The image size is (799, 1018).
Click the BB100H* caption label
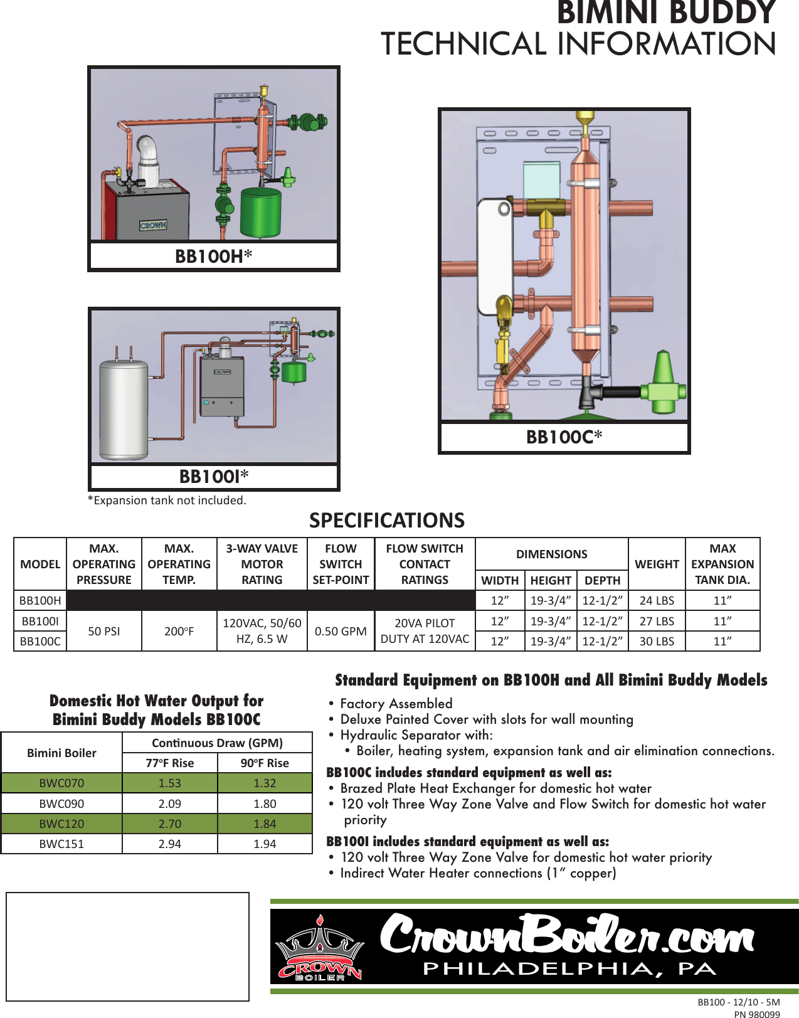213,256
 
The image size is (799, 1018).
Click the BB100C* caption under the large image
564,437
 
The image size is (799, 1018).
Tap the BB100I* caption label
214,477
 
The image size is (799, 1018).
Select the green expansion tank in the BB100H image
260,212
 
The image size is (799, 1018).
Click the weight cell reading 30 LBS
657,641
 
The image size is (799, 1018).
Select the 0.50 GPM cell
341,631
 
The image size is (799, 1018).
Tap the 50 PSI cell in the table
103,631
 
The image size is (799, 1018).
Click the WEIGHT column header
657,564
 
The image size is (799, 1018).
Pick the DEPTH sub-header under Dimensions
602,580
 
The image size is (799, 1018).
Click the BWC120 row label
61,824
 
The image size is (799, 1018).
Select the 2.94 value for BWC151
169,844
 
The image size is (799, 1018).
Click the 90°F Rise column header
265,763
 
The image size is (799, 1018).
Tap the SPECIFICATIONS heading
387,520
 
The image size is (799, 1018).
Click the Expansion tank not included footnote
167,500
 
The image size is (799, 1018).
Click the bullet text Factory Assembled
396,703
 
